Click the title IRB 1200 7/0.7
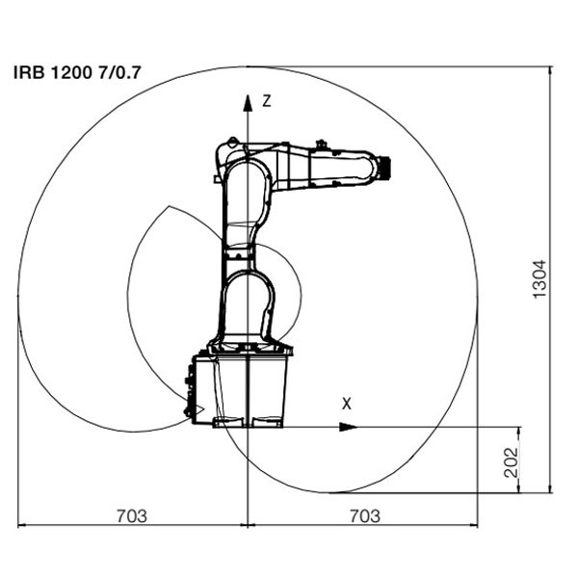point(77,72)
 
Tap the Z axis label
point(267,101)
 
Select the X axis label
point(347,404)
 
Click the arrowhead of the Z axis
point(248,103)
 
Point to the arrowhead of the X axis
point(349,427)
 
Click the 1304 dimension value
point(540,279)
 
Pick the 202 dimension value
point(511,462)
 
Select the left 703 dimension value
point(132,516)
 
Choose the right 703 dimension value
point(364,516)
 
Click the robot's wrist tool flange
point(385,168)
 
